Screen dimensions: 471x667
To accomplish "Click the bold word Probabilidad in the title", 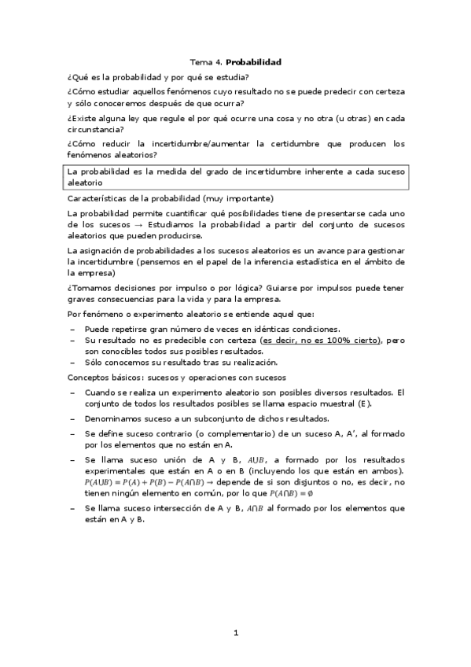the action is [254, 61].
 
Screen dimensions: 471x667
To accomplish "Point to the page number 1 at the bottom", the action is [235, 632].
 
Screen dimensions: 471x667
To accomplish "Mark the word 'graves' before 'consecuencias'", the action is [82, 298].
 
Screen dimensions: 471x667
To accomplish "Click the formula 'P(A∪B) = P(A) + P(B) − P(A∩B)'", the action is [153, 481].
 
